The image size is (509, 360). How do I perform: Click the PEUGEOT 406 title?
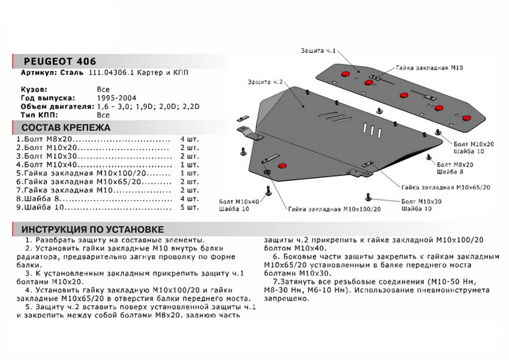point(59,60)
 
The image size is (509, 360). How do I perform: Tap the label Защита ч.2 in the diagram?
point(266,81)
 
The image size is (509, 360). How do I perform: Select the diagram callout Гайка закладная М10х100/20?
point(335,209)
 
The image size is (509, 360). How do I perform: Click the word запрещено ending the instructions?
point(284,298)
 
